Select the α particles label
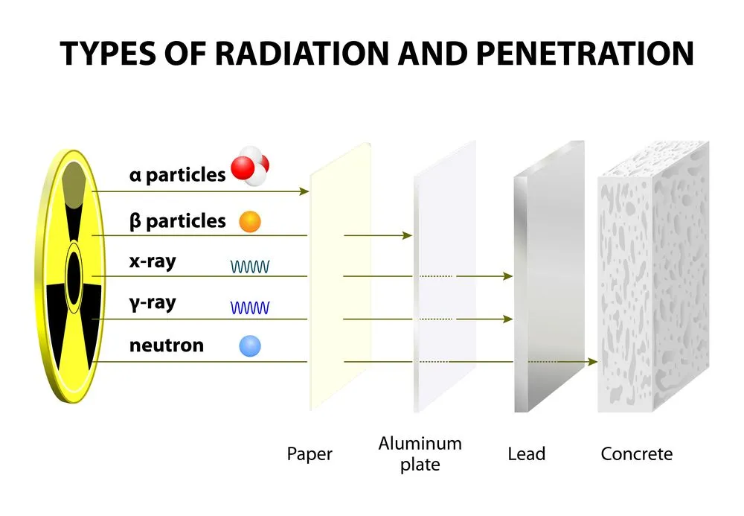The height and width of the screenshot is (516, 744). [x=177, y=175]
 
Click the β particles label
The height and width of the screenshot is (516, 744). [x=177, y=221]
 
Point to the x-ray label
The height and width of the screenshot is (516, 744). [x=153, y=261]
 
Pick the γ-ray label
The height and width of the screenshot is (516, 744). [x=153, y=303]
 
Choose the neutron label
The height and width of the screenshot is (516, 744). [x=166, y=345]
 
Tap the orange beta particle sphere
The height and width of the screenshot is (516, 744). [x=250, y=222]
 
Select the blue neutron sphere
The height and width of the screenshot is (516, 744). [x=250, y=345]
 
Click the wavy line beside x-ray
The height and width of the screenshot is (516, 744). [x=250, y=265]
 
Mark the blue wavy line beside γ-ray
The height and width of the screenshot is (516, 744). [x=250, y=307]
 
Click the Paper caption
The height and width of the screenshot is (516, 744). [x=310, y=453]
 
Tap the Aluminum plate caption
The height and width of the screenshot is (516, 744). [x=420, y=453]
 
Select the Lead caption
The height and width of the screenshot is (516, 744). [x=526, y=453]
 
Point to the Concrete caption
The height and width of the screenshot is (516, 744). [x=636, y=453]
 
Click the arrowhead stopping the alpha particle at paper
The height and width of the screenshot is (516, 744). [x=304, y=191]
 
